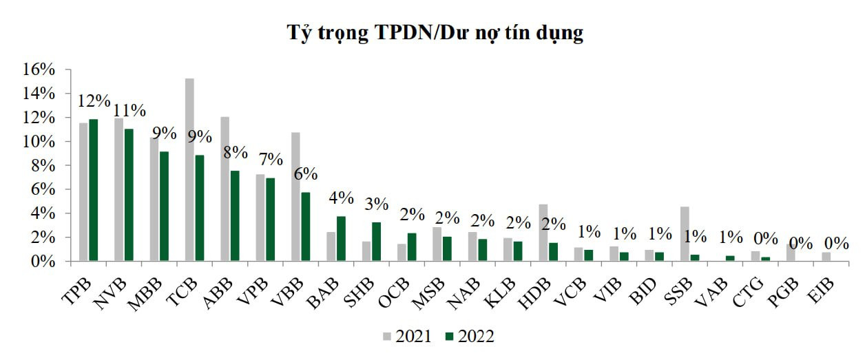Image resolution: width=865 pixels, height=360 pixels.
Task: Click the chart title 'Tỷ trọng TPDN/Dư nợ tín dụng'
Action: point(435,33)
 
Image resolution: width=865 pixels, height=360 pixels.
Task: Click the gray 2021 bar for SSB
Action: point(685,234)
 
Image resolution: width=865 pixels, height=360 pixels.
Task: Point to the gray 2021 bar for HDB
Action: point(543,233)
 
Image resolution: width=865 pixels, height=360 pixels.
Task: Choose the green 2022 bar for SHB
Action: point(377,242)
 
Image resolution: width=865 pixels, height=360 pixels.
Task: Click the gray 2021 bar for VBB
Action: point(295,197)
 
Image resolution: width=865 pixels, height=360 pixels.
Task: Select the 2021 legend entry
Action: point(407,337)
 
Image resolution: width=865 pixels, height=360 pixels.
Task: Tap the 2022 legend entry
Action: point(469,337)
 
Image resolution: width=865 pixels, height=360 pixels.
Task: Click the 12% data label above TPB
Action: point(94,100)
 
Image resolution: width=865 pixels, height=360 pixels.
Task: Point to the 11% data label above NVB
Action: point(129,110)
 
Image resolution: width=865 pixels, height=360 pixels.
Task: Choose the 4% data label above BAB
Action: point(342,198)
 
